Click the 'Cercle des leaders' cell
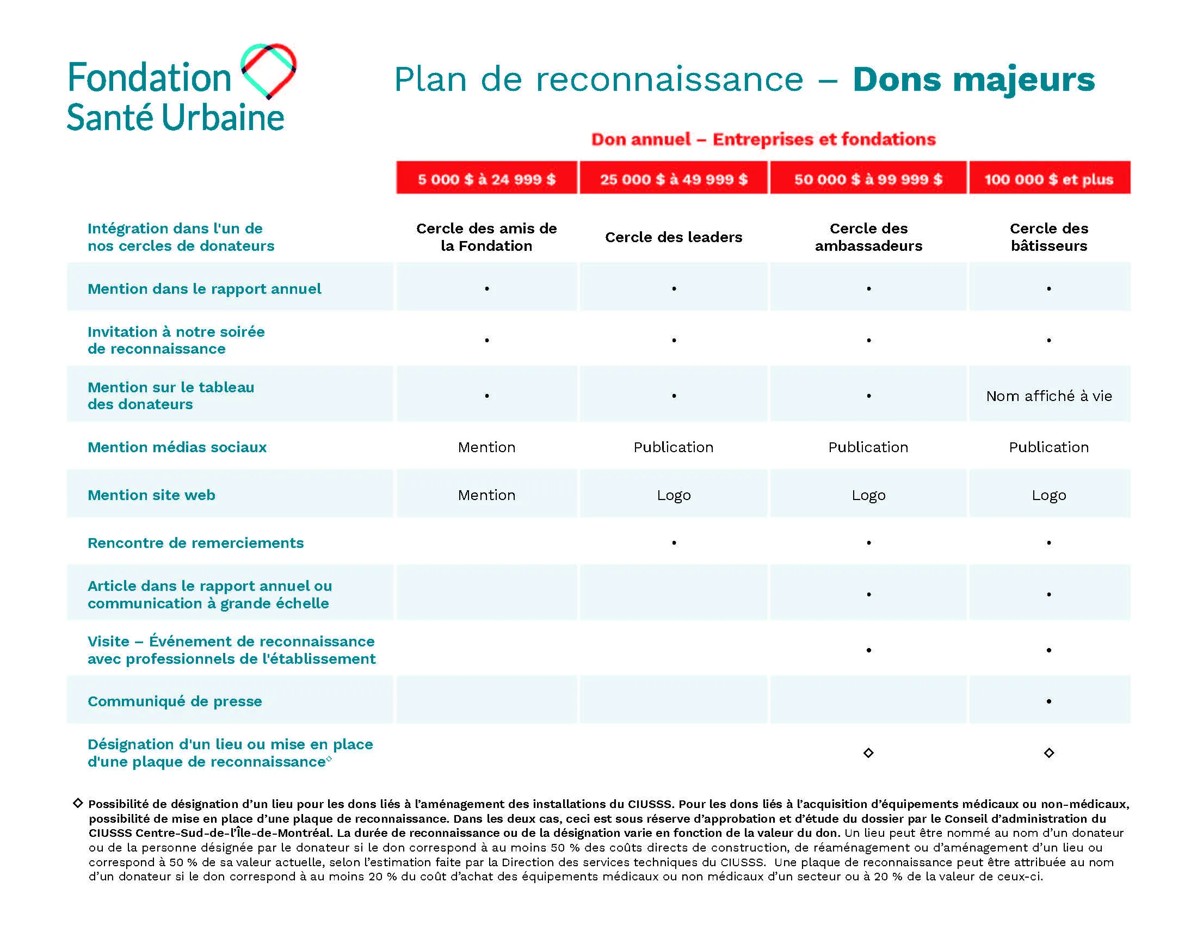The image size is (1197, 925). [x=674, y=237]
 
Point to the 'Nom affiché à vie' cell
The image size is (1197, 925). [x=1049, y=396]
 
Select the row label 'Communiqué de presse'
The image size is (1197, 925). [x=175, y=701]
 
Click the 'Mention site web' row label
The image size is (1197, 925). [x=151, y=495]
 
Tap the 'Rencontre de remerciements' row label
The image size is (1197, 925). [x=196, y=543]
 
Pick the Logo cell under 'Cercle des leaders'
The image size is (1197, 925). [x=674, y=495]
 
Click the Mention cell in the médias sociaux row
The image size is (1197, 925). [x=487, y=447]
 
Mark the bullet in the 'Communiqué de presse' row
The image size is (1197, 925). [x=1049, y=701]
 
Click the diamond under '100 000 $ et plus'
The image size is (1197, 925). [x=1049, y=753]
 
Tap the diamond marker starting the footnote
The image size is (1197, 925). [x=78, y=803]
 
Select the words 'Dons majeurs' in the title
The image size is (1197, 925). [x=974, y=80]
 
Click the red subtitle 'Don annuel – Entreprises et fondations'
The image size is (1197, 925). [x=763, y=139]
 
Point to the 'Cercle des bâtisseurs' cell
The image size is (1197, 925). [x=1049, y=237]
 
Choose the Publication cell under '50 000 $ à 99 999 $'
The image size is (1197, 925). [x=868, y=447]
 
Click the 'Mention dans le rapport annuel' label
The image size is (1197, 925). [x=205, y=289]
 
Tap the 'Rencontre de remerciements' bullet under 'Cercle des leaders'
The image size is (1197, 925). [x=674, y=543]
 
